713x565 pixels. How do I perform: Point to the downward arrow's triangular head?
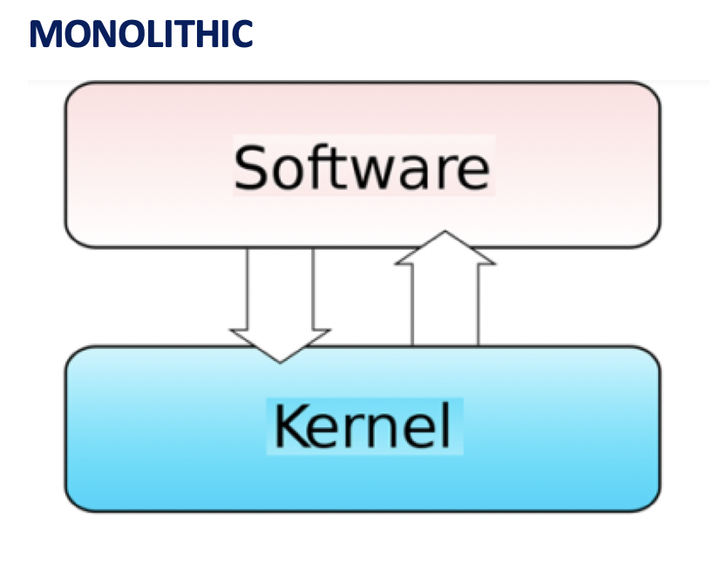click(280, 344)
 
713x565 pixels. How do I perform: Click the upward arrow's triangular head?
click(445, 249)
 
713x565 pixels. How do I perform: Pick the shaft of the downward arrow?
click(280, 288)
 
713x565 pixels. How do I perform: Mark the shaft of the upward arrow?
click(445, 305)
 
